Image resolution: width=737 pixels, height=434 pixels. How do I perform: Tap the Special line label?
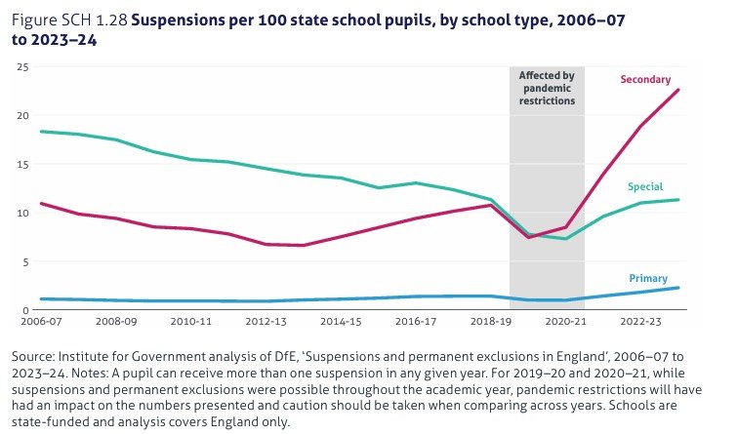click(x=644, y=186)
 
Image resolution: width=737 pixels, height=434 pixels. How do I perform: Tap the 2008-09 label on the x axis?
click(x=115, y=321)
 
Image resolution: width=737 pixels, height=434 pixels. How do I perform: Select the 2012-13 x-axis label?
click(x=266, y=321)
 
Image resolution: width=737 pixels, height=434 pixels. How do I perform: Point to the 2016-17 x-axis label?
click(x=416, y=321)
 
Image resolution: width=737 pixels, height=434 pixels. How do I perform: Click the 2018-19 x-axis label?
click(x=491, y=321)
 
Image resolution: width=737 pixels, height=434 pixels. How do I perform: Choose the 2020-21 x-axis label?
click(x=566, y=321)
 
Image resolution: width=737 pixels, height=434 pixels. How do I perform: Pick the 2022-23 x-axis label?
click(x=641, y=321)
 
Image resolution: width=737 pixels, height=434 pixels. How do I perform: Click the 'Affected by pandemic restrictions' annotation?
click(x=547, y=88)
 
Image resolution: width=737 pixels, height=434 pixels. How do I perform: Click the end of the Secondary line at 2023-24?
click(x=678, y=90)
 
